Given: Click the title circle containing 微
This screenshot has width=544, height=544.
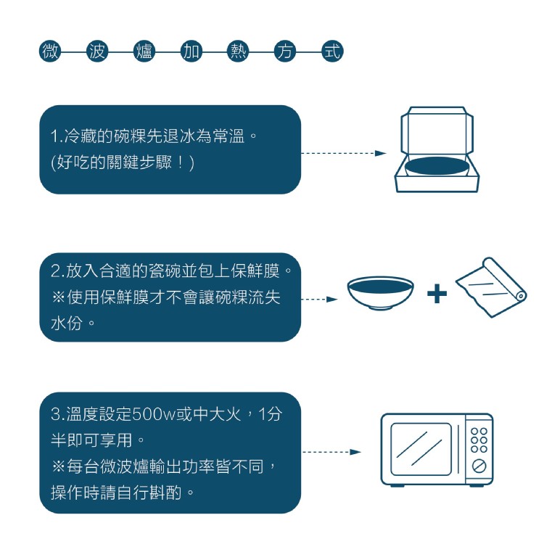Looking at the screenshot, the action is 50,51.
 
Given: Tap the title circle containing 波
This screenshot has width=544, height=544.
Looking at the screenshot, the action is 97,51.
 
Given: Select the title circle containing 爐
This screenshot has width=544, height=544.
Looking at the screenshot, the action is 144,51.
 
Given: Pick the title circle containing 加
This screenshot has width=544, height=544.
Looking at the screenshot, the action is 191,51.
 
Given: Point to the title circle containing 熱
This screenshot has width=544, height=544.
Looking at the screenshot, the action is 238,51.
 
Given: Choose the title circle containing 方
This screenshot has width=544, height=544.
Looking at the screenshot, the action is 285,51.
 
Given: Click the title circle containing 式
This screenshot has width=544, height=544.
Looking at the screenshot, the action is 332,51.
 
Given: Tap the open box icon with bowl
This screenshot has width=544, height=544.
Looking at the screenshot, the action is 437,149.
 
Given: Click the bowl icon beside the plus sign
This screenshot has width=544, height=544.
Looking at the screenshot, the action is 381,293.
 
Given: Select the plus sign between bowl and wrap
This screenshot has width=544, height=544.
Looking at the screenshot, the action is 437,294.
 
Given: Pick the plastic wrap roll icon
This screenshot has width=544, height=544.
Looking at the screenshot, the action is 491,287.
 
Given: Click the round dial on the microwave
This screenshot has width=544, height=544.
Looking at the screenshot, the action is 479,466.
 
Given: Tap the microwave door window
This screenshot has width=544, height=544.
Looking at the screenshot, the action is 421,449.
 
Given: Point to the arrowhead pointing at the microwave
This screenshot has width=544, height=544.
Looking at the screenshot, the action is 355,452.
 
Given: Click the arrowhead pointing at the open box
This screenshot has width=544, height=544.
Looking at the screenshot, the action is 381,153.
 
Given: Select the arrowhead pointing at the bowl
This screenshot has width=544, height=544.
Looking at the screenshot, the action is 332,299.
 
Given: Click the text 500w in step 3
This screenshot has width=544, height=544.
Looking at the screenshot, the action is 154,413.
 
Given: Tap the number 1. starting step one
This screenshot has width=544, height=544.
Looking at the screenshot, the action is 57,136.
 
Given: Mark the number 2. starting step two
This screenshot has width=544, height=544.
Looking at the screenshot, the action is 57,271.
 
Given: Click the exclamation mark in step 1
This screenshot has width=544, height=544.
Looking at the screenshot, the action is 180,162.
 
